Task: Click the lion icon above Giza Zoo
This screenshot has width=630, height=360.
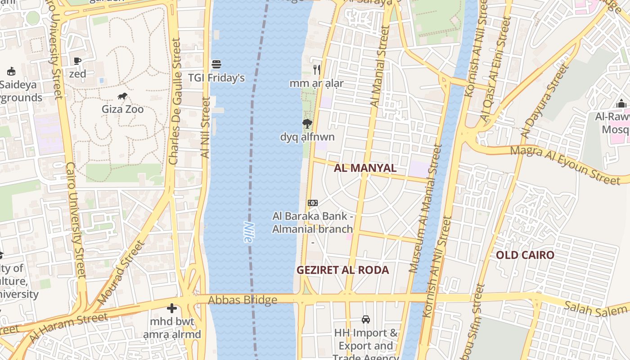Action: pyautogui.click(x=122, y=96)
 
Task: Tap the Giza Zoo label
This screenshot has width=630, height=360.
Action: pyautogui.click(x=122, y=109)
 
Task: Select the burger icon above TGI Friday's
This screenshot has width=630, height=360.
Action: pyautogui.click(x=216, y=64)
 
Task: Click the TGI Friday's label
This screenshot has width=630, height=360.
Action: pyautogui.click(x=216, y=78)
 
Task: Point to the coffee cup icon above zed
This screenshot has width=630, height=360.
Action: pyautogui.click(x=77, y=61)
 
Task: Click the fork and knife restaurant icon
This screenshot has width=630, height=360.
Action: pyautogui.click(x=317, y=69)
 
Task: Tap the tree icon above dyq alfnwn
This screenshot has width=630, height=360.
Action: pyautogui.click(x=307, y=123)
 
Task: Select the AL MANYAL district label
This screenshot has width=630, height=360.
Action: pyautogui.click(x=365, y=168)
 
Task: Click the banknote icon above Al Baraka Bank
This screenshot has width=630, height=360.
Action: pyautogui.click(x=312, y=203)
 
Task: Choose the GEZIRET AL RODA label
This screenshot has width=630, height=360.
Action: pyautogui.click(x=342, y=270)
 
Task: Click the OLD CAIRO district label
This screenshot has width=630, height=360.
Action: pyautogui.click(x=525, y=255)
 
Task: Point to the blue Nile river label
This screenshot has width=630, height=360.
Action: pyautogui.click(x=248, y=232)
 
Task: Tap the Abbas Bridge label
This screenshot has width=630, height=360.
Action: pyautogui.click(x=243, y=300)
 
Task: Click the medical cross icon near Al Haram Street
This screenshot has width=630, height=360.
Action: pyautogui.click(x=171, y=309)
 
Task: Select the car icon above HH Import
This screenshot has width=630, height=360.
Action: pyautogui.click(x=366, y=319)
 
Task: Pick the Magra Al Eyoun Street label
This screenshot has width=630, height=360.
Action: pyautogui.click(x=566, y=164)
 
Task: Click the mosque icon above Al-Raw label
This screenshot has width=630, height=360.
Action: pyautogui.click(x=621, y=104)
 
